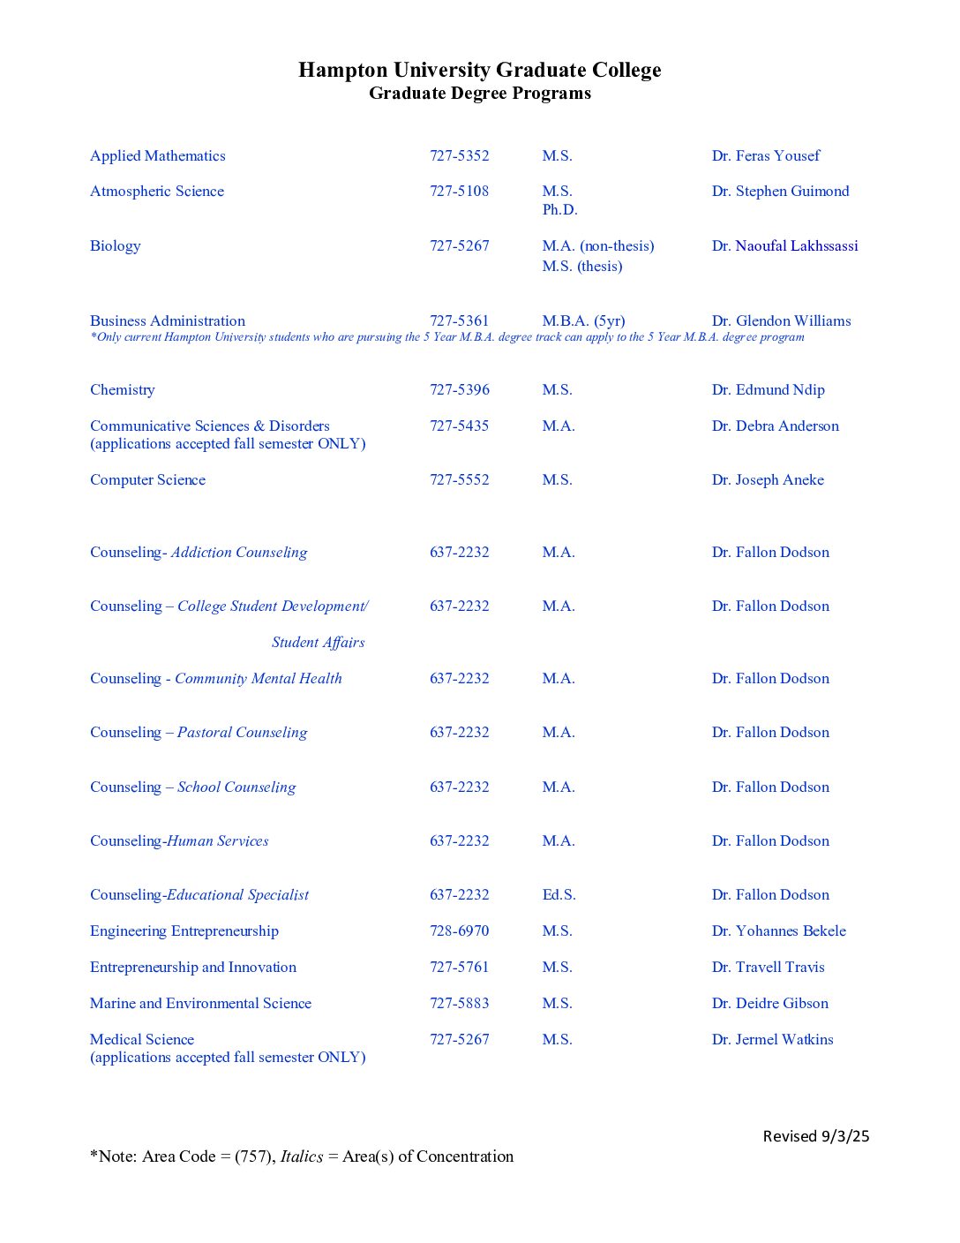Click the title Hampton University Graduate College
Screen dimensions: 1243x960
[x=479, y=70]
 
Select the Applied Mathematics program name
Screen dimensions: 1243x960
[x=157, y=155]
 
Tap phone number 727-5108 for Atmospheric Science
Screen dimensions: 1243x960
[x=459, y=191]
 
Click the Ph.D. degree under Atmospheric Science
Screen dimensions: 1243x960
[x=559, y=210]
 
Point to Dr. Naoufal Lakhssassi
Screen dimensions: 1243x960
[x=784, y=245]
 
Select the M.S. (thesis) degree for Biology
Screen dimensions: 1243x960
[x=581, y=266]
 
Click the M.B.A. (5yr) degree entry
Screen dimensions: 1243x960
[x=583, y=320]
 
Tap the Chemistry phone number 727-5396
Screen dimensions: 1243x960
[x=459, y=389]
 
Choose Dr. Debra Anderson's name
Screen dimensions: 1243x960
[x=775, y=426]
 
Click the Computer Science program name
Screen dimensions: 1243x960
[x=147, y=479]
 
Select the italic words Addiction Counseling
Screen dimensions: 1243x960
[x=239, y=553]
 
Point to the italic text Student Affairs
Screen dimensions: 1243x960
[x=318, y=643]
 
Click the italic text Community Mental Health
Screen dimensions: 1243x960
[x=258, y=678]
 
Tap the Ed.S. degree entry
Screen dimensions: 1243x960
[x=559, y=894]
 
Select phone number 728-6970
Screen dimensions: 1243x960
[x=459, y=930]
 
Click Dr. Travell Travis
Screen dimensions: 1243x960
[x=768, y=967]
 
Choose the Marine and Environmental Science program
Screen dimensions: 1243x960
[x=200, y=1003]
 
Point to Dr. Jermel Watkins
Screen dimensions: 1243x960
[x=772, y=1039]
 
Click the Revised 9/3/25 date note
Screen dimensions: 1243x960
[x=815, y=1136]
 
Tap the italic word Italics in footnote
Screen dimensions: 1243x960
[x=302, y=1156]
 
